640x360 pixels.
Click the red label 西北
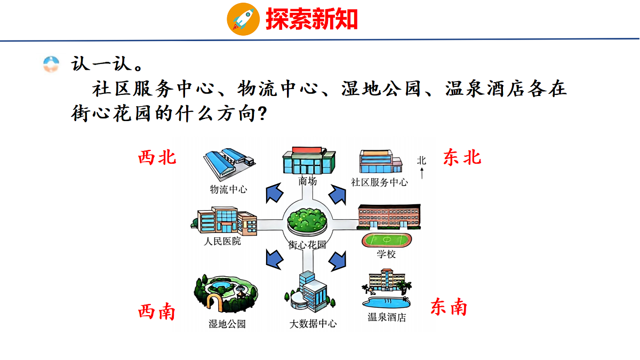click(x=157, y=157)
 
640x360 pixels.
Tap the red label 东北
click(x=462, y=157)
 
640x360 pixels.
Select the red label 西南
click(x=157, y=311)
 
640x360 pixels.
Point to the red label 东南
click(x=449, y=307)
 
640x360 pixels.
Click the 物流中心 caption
click(x=228, y=189)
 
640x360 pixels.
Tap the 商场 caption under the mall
click(x=308, y=181)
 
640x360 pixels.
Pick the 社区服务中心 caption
click(x=379, y=182)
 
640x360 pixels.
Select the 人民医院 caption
click(x=222, y=241)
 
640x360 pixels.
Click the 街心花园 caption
click(x=307, y=245)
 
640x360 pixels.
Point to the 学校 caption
click(x=386, y=254)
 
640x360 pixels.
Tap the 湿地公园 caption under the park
click(x=227, y=324)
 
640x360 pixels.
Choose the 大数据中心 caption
click(x=313, y=323)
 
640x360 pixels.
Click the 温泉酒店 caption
click(x=387, y=317)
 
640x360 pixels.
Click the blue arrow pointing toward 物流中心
click(x=275, y=192)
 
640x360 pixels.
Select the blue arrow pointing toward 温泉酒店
click(x=337, y=260)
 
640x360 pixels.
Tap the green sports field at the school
click(x=387, y=239)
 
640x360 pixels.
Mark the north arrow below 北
click(x=422, y=173)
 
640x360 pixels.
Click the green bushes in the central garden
click(x=306, y=219)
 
